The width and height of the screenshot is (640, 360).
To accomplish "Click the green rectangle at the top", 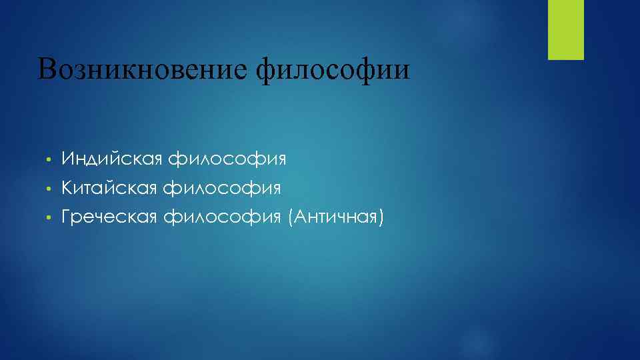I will click(565, 29).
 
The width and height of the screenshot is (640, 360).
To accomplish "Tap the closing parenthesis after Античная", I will click(381, 217).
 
